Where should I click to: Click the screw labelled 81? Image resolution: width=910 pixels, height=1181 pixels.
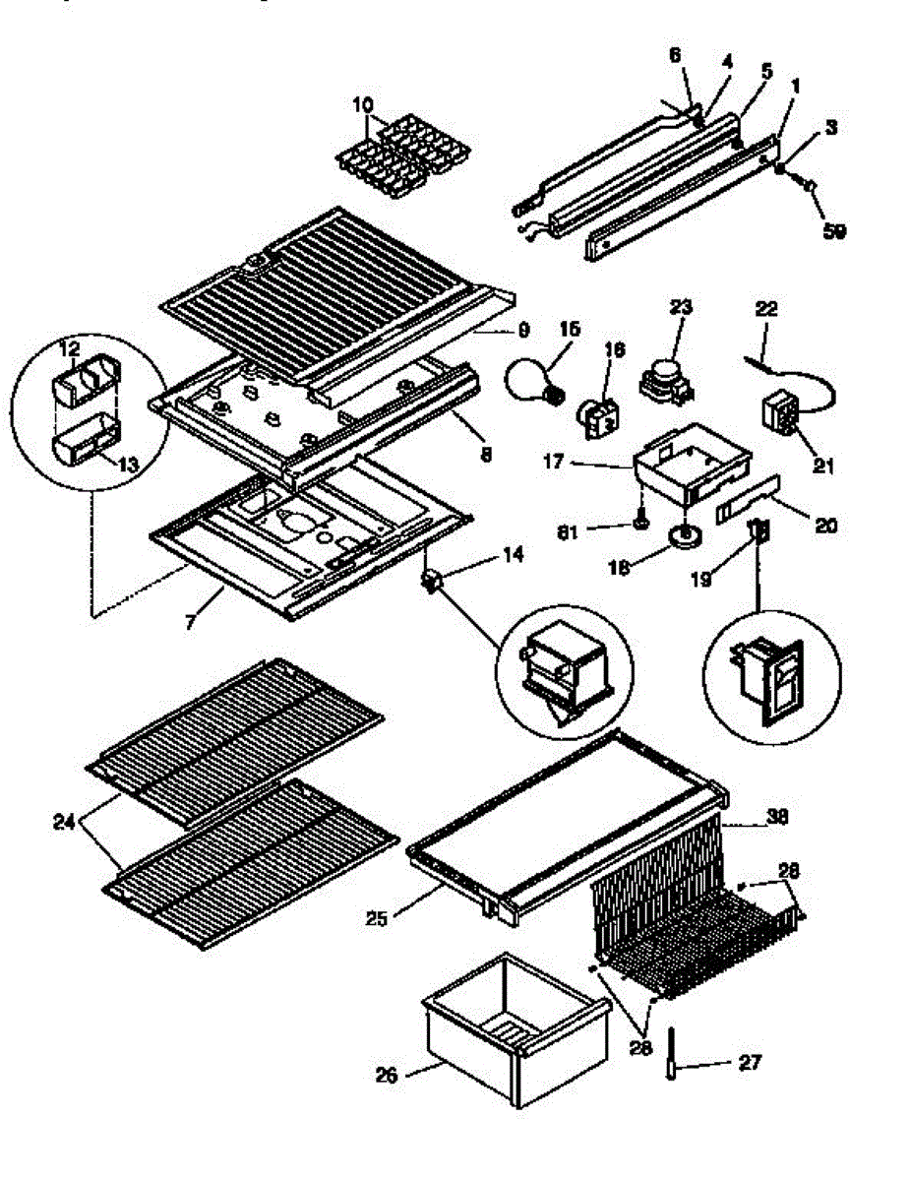pyautogui.click(x=640, y=522)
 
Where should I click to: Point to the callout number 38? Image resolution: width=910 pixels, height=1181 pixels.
pyautogui.click(x=778, y=816)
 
